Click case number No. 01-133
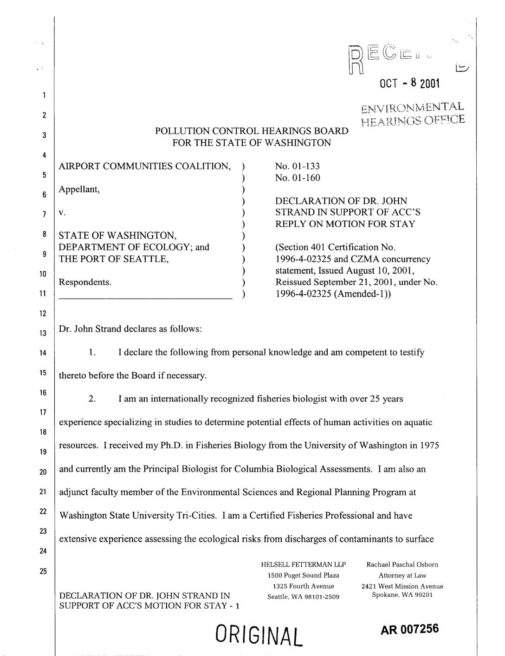click(298, 166)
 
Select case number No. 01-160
click(298, 178)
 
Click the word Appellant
click(79, 189)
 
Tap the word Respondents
click(85, 282)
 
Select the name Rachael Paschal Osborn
click(402, 565)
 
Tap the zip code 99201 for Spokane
click(422, 595)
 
